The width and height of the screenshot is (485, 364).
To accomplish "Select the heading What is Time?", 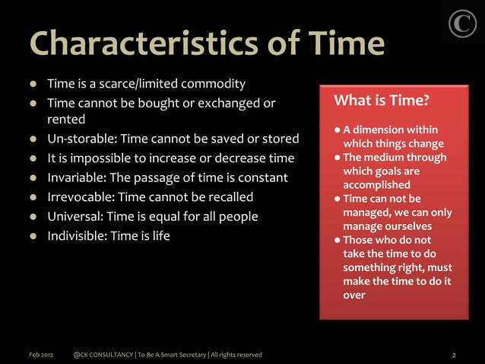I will click(382, 101).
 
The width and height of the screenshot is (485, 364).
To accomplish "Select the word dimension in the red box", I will click(382, 131).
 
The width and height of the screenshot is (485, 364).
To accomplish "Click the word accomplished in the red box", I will click(377, 185).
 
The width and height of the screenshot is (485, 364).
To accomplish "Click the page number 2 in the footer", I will click(454, 355).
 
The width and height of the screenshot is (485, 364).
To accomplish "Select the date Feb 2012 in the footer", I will click(42, 355).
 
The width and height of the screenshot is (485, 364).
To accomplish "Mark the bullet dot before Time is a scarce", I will click(34, 83).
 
